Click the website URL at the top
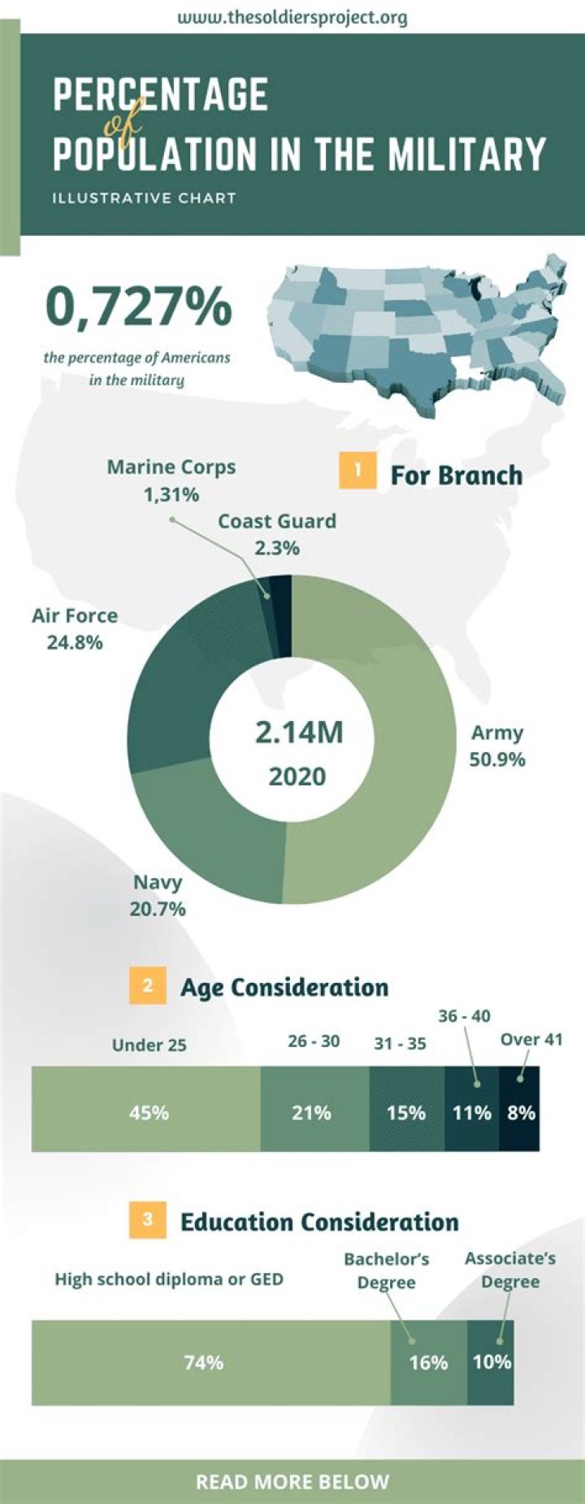(x=292, y=17)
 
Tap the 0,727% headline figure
(x=139, y=306)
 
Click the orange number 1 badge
(x=357, y=471)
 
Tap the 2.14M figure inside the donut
(x=298, y=732)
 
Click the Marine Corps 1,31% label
(x=171, y=480)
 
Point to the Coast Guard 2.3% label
(x=277, y=533)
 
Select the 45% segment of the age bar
(x=146, y=1111)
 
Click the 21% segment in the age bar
(x=314, y=1111)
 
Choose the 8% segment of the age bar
(x=520, y=1111)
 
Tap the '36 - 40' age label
(x=464, y=1016)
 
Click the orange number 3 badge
(x=147, y=1220)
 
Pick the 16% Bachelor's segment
(x=428, y=1362)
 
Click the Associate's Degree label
(x=510, y=1270)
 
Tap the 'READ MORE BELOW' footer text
(x=292, y=1482)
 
